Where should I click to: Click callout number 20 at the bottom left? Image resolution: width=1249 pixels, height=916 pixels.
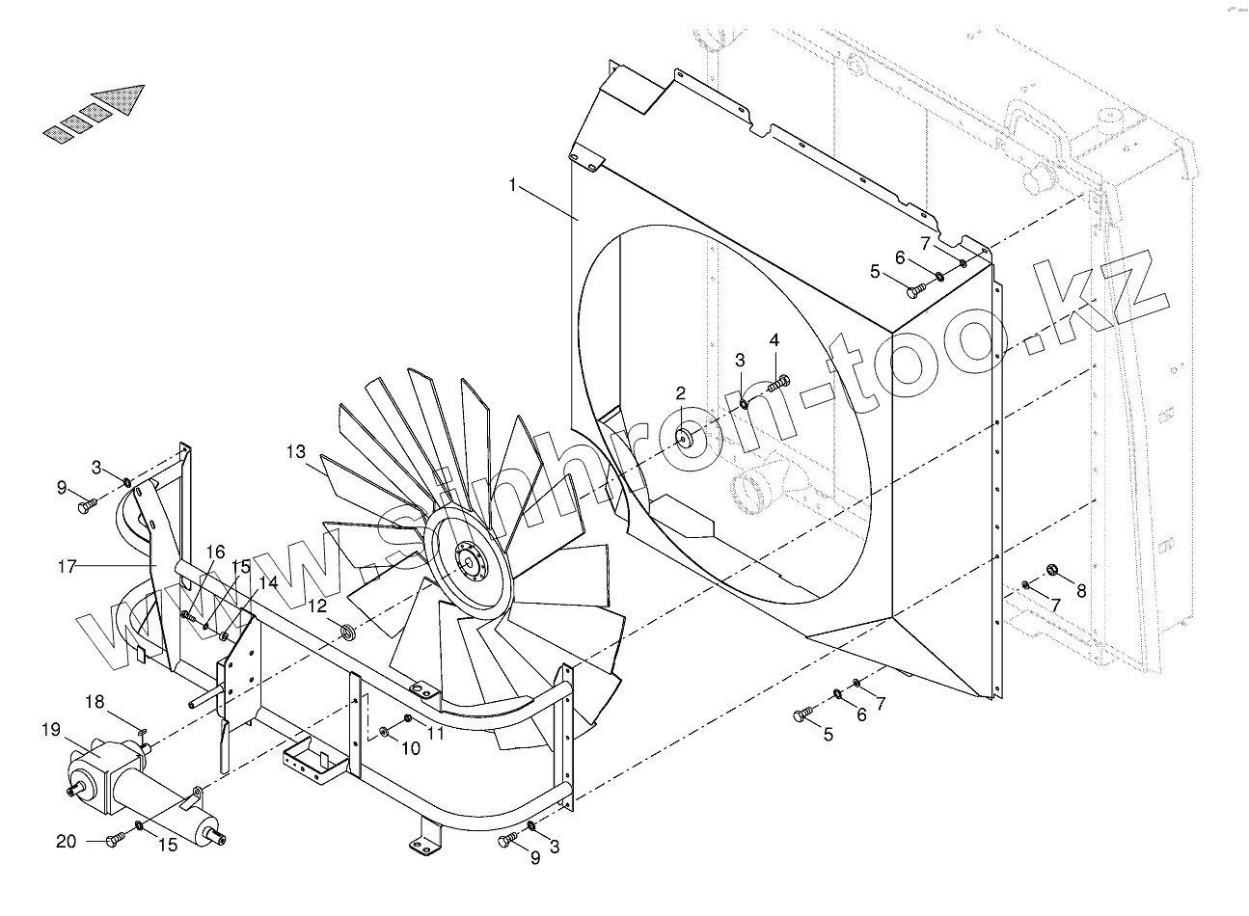pyautogui.click(x=66, y=842)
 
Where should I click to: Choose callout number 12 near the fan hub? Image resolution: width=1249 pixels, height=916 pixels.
pyautogui.click(x=317, y=606)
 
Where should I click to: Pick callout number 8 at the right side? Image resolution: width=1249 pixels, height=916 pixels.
pyautogui.click(x=1081, y=591)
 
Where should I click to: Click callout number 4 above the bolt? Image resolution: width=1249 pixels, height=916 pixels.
pyautogui.click(x=774, y=340)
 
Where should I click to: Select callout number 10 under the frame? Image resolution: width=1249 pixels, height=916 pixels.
pyautogui.click(x=411, y=747)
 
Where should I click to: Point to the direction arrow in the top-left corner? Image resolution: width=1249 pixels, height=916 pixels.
pyautogui.click(x=96, y=114)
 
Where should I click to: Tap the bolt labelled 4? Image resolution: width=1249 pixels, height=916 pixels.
pyautogui.click(x=777, y=384)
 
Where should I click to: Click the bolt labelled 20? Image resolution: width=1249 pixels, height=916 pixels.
pyautogui.click(x=115, y=841)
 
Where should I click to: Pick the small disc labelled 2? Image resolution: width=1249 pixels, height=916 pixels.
pyautogui.click(x=687, y=438)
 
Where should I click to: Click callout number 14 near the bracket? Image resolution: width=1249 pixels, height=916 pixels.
pyautogui.click(x=267, y=582)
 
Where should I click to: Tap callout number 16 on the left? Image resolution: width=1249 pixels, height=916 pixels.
pyautogui.click(x=215, y=552)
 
